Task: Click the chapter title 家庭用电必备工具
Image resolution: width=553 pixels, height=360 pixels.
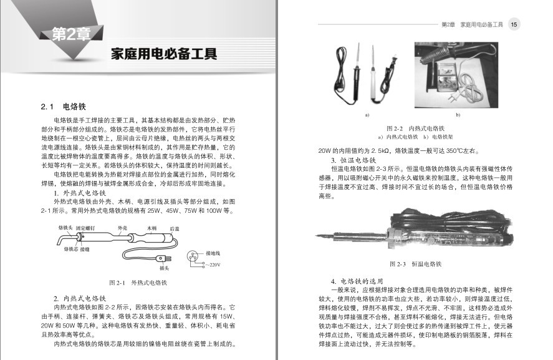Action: point(163,53)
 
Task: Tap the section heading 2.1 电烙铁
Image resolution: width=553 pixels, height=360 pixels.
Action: point(62,106)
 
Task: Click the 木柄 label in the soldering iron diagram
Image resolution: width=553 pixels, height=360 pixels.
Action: point(151,229)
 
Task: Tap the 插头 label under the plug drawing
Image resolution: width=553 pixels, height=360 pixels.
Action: point(165,268)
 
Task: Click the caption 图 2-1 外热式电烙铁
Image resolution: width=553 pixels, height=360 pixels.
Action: point(138,283)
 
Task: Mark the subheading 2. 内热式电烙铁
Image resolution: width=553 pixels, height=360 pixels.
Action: point(81,298)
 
